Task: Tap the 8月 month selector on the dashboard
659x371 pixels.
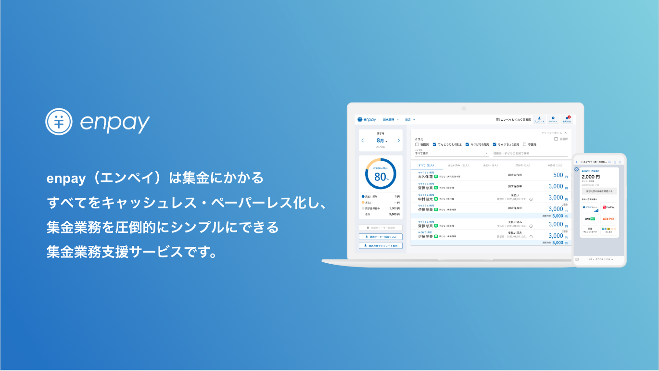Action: [x=381, y=140]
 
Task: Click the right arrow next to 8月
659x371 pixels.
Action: [x=399, y=140]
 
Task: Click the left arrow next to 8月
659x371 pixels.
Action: [x=363, y=140]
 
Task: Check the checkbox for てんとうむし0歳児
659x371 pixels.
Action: [x=434, y=144]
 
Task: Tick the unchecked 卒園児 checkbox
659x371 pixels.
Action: [x=524, y=144]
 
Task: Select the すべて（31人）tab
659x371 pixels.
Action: [x=426, y=165]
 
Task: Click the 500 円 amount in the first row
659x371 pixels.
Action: [x=558, y=175]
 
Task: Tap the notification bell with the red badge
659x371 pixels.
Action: [x=568, y=118]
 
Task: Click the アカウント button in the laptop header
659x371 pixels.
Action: [x=539, y=119]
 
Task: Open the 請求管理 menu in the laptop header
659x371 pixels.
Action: [x=391, y=119]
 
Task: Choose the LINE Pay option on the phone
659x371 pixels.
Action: [x=590, y=219]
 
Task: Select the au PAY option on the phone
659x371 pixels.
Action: [x=608, y=219]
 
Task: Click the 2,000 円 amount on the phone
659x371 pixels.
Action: [x=591, y=177]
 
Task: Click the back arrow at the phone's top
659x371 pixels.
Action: [x=577, y=162]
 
